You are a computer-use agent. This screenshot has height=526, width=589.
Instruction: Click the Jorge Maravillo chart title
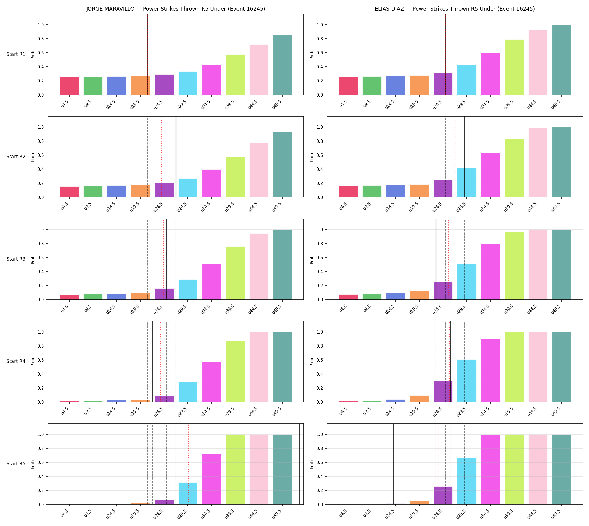point(176,9)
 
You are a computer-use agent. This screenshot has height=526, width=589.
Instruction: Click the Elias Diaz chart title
point(455,9)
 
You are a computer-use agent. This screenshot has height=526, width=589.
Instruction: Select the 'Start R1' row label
point(16,54)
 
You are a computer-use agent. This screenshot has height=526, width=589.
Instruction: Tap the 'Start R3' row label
point(16,259)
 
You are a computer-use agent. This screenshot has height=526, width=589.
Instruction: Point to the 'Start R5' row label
point(16,463)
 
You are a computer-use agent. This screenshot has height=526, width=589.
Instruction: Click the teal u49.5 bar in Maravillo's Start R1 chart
point(283,65)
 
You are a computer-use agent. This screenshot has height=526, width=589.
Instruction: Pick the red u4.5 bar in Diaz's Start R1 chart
point(348,86)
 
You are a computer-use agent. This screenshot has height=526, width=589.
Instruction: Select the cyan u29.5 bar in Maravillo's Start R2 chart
point(188,188)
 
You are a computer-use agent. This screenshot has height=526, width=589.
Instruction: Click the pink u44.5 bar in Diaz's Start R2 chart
point(538,163)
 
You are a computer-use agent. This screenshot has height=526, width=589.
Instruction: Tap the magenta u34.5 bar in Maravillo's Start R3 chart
point(211,282)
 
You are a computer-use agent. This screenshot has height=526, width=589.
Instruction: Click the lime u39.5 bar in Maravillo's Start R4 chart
point(235,371)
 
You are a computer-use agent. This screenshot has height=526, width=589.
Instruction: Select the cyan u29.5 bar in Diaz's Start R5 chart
point(467,481)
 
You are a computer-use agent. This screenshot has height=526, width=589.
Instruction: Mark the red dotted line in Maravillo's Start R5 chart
point(188,464)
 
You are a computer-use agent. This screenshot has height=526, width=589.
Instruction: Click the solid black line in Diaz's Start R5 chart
point(393,464)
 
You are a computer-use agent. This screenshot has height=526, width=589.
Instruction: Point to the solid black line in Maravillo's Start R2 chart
point(176,157)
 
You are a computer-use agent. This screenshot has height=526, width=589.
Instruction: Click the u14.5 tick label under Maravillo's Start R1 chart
point(112,104)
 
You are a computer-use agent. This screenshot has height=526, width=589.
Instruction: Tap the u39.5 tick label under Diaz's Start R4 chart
point(510,411)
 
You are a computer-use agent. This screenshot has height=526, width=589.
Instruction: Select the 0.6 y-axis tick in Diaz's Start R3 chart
point(320,258)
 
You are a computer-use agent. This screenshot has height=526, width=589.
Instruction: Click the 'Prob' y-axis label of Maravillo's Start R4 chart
point(33,362)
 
